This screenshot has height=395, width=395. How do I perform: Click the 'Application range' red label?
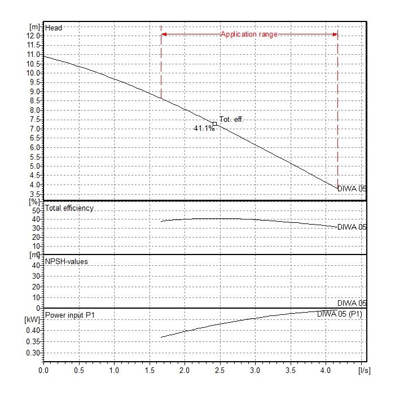pos(249,34)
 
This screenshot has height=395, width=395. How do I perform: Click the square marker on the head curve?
pos(214,124)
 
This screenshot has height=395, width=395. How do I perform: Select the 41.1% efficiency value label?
pos(204,129)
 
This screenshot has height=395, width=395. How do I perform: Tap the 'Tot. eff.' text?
pos(232,120)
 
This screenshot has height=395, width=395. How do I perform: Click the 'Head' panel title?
pos(54,28)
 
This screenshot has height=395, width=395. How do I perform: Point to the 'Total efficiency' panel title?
pos(69,208)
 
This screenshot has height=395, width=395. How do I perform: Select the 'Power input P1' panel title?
pos(69,315)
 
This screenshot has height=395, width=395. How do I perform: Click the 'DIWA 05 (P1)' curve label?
pos(339,314)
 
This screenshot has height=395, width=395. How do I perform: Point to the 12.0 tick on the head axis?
pos(34,36)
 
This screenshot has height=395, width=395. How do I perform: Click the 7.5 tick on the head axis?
pos(34,120)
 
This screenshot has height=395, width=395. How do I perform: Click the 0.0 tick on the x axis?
pos(43,371)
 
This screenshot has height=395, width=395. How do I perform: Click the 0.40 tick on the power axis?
pos(33,330)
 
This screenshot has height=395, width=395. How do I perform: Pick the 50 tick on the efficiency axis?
pos(36,210)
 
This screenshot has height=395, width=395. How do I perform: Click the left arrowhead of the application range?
pos(164,34)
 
